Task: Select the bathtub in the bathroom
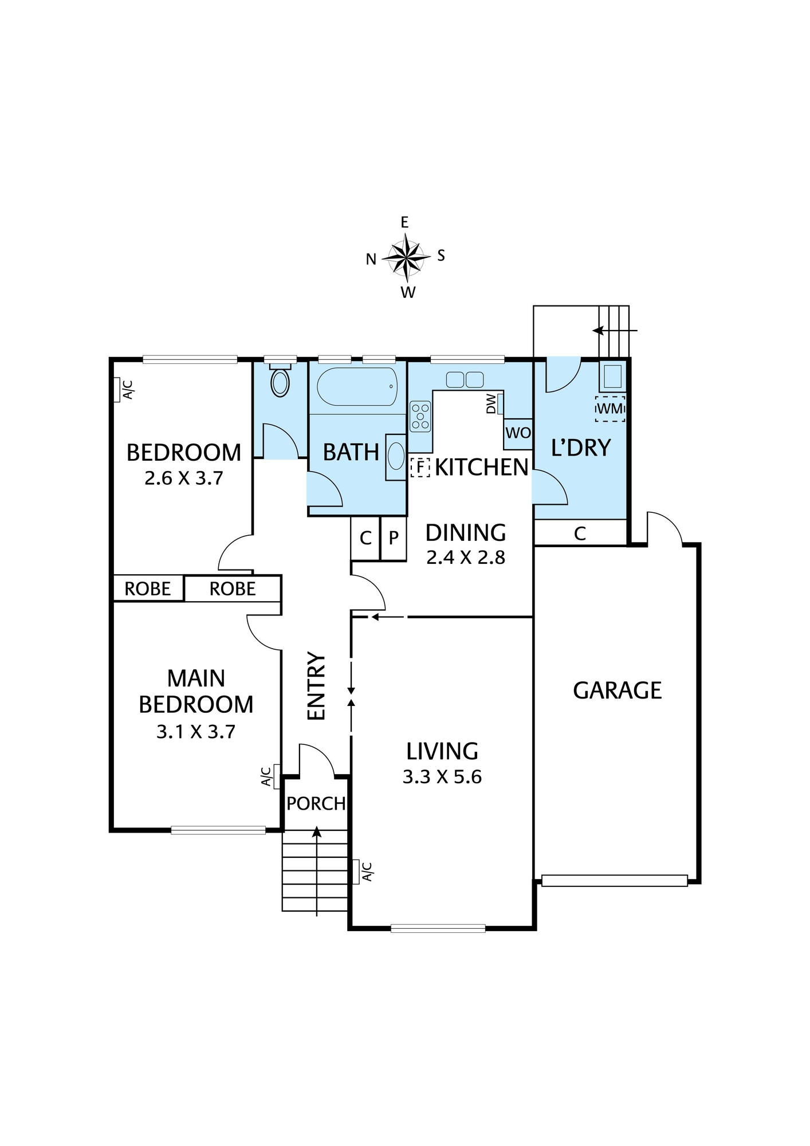pos(357,387)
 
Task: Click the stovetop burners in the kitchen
pos(420,416)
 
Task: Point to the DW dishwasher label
pos(491,404)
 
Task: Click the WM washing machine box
pos(610,409)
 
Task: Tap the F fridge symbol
pos(420,468)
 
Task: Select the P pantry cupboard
pos(394,538)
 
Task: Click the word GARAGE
pos(618,690)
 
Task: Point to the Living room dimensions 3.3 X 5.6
pos(442,777)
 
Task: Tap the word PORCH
pos(316,804)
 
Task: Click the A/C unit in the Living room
pos(364,871)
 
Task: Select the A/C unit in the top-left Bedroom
pos(124,390)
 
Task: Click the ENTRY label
pos(316,685)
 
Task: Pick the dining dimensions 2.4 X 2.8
pos(466,558)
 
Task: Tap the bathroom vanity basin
pos(396,457)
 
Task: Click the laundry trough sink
pos(612,376)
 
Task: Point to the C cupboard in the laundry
pos(580,533)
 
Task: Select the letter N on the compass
pos(371,260)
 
